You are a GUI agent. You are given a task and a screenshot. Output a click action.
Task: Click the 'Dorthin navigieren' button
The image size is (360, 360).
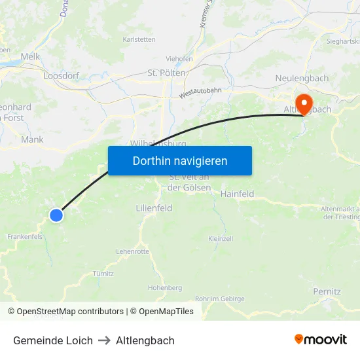180,160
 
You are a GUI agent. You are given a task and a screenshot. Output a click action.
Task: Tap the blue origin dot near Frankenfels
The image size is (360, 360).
56,215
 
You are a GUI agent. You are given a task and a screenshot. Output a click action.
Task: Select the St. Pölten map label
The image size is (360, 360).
167,73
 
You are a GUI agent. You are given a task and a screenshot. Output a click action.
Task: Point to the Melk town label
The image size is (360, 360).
30,57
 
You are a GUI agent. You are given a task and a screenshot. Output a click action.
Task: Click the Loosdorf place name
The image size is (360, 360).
61,76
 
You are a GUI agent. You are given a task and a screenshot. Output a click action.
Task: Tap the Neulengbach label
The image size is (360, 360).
302,79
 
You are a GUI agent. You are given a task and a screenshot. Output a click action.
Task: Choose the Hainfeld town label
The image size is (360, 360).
237,194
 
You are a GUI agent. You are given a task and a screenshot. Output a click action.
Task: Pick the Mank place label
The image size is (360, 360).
32,139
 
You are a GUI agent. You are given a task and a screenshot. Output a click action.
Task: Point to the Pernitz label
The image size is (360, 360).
327,291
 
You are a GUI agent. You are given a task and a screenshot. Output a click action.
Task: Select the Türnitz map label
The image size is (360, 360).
103,274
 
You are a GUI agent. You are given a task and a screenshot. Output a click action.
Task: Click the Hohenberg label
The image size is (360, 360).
165,287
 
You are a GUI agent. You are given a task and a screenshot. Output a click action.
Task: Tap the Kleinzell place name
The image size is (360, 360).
221,239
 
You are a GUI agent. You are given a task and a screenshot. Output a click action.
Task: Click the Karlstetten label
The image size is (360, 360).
139,39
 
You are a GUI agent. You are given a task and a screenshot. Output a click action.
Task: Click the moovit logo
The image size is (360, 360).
321,340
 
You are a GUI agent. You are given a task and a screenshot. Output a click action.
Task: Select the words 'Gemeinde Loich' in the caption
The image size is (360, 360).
53,340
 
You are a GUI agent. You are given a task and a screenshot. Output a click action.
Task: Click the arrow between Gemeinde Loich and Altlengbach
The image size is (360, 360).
104,340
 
